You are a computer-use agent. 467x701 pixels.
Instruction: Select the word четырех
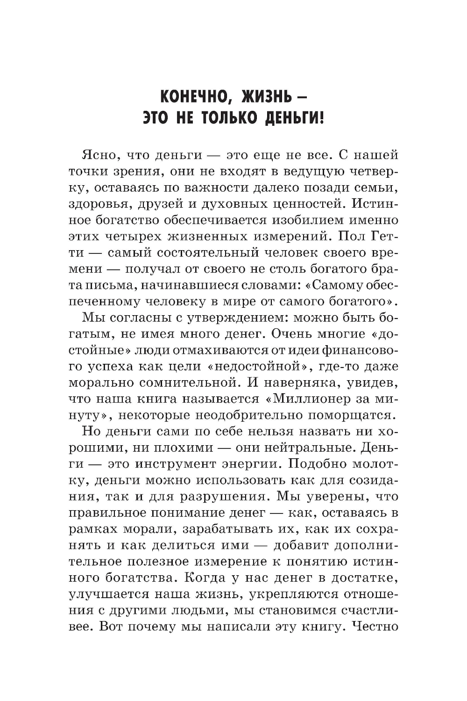coord(135,237)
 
